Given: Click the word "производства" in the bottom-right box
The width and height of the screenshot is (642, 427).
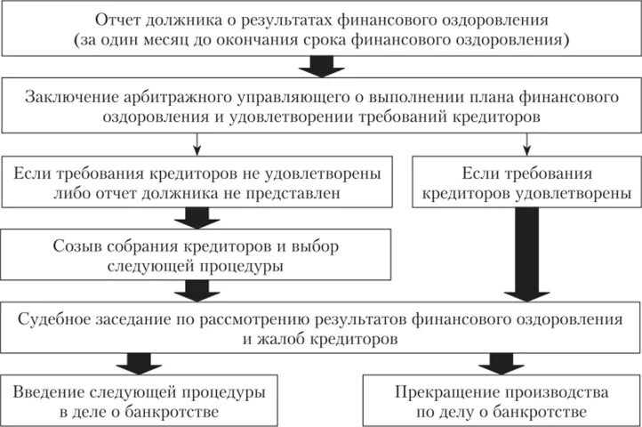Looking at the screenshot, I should click(x=559, y=391).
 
